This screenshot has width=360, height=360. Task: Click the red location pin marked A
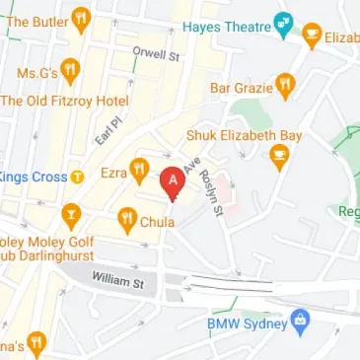click(x=174, y=182)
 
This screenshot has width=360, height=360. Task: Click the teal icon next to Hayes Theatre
click(x=284, y=20)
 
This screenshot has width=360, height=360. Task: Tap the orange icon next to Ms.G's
click(x=71, y=71)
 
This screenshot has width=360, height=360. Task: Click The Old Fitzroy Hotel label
click(x=63, y=101)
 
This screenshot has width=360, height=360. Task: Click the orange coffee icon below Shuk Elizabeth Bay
click(x=279, y=155)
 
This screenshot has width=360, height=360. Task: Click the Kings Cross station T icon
click(x=77, y=178)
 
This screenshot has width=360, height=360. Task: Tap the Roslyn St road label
click(x=209, y=181)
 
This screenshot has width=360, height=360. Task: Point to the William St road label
click(x=117, y=283)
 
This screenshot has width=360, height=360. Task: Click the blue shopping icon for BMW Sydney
click(x=301, y=321)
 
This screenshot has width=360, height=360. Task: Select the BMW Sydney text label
click(x=247, y=324)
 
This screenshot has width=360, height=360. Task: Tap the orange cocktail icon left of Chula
click(x=70, y=214)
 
